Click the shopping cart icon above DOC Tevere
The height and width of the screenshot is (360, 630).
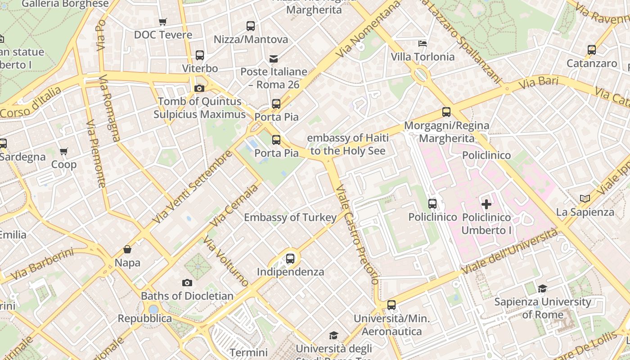pyautogui.click(x=163, y=22)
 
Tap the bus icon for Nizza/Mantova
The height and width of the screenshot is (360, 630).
pyautogui.click(x=251, y=26)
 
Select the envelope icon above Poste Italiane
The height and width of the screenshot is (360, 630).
pyautogui.click(x=274, y=58)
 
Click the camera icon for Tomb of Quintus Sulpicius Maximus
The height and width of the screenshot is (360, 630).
pyautogui.click(x=199, y=88)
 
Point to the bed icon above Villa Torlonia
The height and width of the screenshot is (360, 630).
pyautogui.click(x=423, y=44)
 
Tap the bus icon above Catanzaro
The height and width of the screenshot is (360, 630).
pyautogui.click(x=592, y=50)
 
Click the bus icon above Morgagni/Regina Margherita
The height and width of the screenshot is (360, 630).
pyautogui.click(x=446, y=112)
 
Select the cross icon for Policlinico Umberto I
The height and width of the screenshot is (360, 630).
pyautogui.click(x=486, y=204)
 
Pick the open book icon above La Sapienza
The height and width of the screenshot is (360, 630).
pyautogui.click(x=585, y=198)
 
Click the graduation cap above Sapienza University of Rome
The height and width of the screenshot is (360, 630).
pyautogui.click(x=543, y=288)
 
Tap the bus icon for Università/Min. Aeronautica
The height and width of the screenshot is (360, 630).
pyautogui.click(x=391, y=305)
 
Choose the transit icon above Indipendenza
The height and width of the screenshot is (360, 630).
pyautogui.click(x=290, y=259)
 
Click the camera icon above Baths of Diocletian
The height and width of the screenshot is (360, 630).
pyautogui.click(x=187, y=283)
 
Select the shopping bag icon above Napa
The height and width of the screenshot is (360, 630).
pyautogui.click(x=127, y=249)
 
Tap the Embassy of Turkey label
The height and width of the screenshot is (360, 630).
pyautogui.click(x=290, y=218)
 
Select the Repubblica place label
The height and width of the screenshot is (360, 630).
pyautogui.click(x=144, y=319)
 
